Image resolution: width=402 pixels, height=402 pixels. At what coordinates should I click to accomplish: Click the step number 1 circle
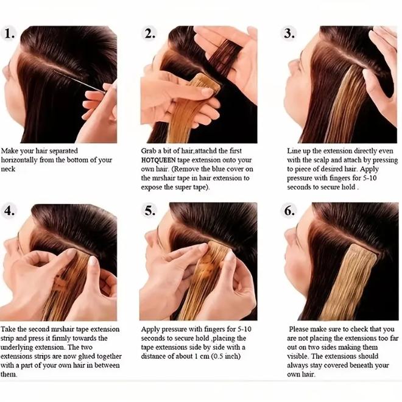tap(10, 33)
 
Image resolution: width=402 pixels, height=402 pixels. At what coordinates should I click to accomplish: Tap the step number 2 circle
tap(150, 33)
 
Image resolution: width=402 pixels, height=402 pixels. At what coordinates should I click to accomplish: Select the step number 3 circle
tap(289, 33)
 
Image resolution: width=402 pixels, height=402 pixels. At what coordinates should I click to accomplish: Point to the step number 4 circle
tap(10, 211)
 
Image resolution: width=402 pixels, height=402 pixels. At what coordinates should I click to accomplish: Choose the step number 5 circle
tap(150, 211)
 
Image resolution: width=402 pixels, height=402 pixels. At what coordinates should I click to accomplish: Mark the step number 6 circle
tap(289, 211)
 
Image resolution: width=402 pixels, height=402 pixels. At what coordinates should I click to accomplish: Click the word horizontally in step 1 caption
tap(25, 160)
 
